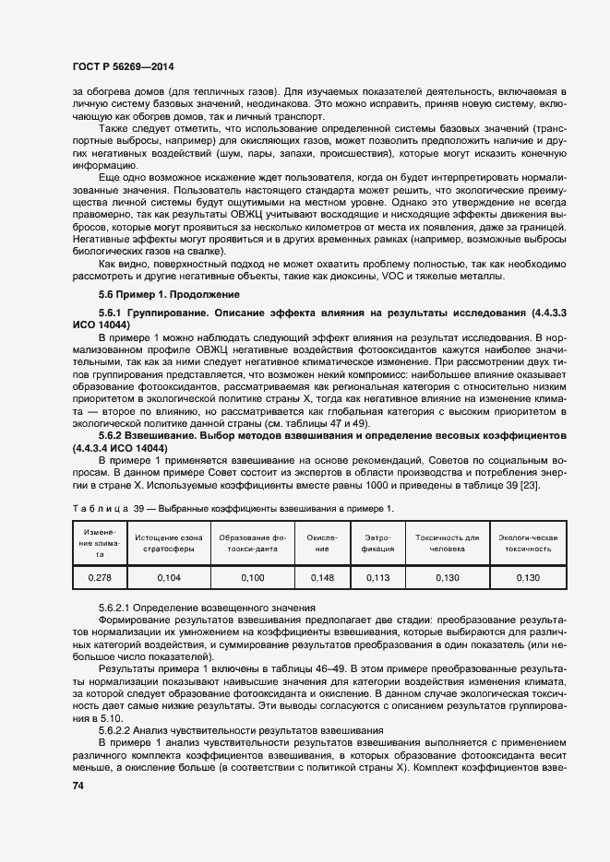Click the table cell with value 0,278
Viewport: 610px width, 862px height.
[91, 577]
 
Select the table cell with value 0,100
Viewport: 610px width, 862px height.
[251, 577]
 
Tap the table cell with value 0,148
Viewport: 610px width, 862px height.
[322, 577]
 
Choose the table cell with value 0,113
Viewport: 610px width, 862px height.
[378, 577]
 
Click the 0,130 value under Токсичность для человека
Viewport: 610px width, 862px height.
[447, 577]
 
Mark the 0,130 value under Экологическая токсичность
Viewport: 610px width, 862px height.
[527, 577]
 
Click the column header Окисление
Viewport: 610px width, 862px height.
[322, 541]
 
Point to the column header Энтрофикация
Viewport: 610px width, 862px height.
[378, 541]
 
